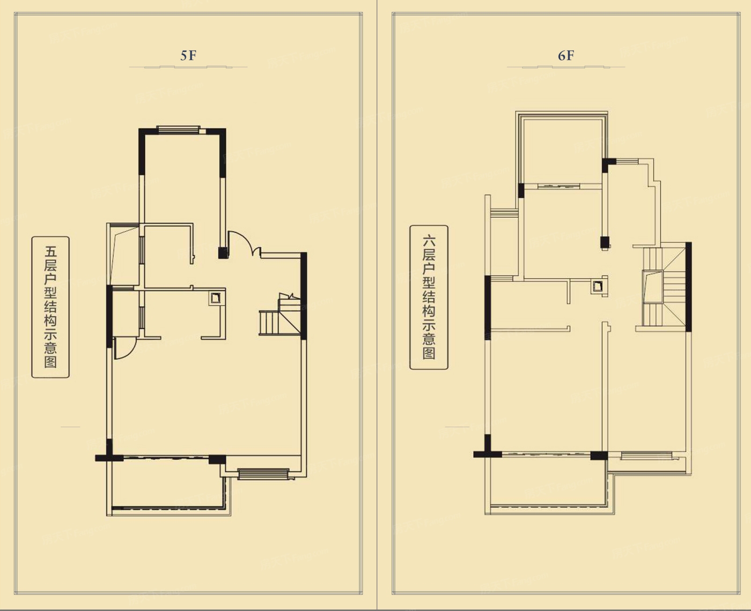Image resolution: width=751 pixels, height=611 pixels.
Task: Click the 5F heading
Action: (x=188, y=56)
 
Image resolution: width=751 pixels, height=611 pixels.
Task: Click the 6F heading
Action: (x=566, y=56)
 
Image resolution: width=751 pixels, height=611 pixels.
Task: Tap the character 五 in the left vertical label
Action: (x=50, y=252)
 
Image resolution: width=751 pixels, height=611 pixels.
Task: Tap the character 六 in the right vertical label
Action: (x=429, y=241)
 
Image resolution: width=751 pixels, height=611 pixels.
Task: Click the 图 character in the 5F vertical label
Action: (x=50, y=362)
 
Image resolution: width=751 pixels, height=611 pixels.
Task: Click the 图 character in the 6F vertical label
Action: (x=429, y=353)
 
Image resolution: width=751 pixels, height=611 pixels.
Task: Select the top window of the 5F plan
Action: (x=178, y=130)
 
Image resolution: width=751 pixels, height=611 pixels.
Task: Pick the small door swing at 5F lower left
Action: (x=125, y=348)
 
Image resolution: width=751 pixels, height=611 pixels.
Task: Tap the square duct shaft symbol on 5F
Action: (x=216, y=299)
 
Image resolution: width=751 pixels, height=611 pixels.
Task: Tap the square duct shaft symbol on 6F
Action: (x=598, y=286)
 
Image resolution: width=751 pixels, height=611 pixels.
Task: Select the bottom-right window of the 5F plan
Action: (x=263, y=474)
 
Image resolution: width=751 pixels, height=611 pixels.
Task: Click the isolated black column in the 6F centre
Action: (x=606, y=242)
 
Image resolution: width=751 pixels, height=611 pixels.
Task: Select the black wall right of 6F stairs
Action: (x=688, y=287)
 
